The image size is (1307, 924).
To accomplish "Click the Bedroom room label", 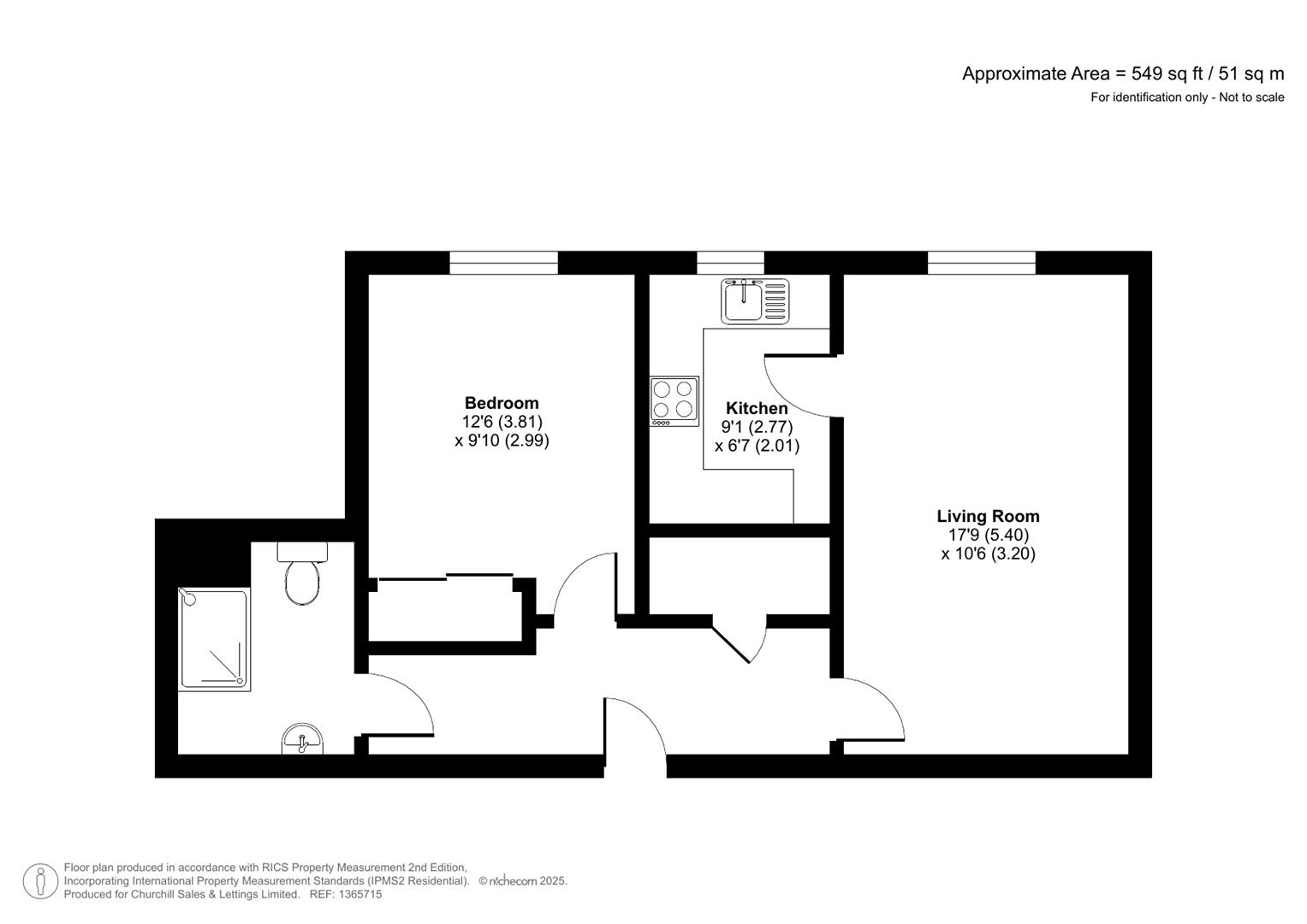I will coord(502,403).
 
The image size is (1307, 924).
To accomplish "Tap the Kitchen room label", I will coord(757,408).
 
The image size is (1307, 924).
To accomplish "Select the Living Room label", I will coord(988,516).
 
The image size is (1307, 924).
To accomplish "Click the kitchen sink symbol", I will coord(754,300).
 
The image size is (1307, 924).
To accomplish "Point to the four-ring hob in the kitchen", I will coord(674,401).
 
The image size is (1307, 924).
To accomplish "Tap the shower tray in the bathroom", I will coord(214,638).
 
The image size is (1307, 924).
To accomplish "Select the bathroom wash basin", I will coord(302,740).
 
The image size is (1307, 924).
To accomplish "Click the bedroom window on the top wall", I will coord(503,263).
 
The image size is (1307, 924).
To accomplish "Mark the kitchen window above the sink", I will coord(730,263).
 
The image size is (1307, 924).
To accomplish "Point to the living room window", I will coord(981,263).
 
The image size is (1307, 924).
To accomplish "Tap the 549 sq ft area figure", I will coord(1167,74).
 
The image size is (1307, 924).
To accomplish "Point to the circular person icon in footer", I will coord(40,881).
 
